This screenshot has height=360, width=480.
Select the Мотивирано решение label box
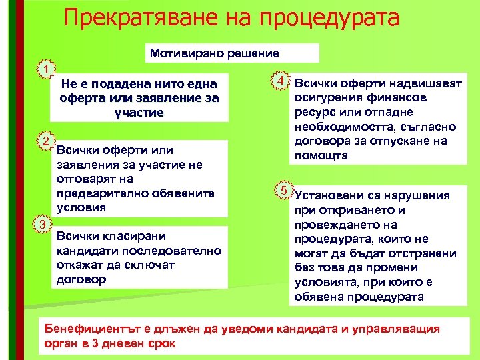(x=215, y=53)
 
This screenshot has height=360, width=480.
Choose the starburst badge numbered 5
(x=283, y=191)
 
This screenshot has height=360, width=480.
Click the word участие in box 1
(x=139, y=113)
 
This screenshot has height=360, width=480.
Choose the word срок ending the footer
(x=160, y=343)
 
